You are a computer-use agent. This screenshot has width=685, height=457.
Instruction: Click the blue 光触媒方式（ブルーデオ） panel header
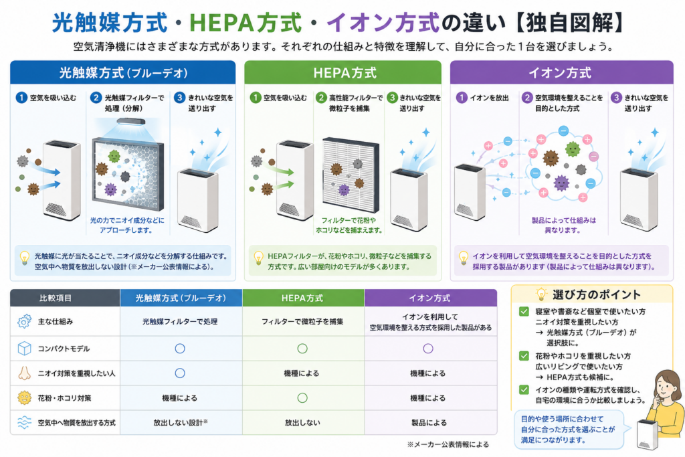123,72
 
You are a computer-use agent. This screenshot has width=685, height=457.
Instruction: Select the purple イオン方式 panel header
561,72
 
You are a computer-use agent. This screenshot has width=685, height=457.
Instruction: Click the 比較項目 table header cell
65,298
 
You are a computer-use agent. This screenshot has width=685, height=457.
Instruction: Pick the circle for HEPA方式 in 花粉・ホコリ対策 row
302,398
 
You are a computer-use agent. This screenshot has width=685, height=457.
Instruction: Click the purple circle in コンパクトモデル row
428,348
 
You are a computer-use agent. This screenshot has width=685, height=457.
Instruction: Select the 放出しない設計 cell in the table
181,422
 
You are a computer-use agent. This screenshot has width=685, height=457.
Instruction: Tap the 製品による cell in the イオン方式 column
429,422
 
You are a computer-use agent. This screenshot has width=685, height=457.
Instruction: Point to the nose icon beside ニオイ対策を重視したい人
25,373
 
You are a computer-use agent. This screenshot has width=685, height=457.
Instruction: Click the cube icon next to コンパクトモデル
25,348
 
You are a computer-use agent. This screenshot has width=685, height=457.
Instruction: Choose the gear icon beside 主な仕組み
25,321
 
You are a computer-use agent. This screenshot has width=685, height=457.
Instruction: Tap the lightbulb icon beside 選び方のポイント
541,294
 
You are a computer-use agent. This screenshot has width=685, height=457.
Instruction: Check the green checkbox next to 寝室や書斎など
524,312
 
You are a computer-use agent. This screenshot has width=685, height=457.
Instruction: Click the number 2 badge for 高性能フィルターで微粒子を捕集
321,98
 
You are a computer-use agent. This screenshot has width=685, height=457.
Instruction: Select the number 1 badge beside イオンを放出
462,98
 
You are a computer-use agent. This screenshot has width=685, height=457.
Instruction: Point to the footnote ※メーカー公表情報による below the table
448,444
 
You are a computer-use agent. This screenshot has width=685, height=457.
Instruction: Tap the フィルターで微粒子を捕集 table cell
302,321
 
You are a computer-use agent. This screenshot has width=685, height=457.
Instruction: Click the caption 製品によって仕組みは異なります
563,225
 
